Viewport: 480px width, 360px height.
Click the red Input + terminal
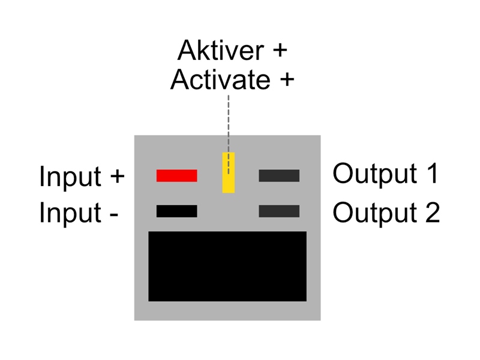pyautogui.click(x=176, y=176)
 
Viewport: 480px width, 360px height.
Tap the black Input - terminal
pyautogui.click(x=176, y=211)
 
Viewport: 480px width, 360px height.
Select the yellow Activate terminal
pyautogui.click(x=229, y=173)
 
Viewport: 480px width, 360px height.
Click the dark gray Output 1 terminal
pyautogui.click(x=279, y=176)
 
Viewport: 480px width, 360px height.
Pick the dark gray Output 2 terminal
pyautogui.click(x=279, y=211)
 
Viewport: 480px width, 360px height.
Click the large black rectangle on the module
pyautogui.click(x=227, y=266)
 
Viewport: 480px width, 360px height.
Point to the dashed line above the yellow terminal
pyautogui.click(x=229, y=134)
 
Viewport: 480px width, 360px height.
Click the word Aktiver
pyautogui.click(x=221, y=50)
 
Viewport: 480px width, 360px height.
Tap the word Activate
pyautogui.click(x=220, y=80)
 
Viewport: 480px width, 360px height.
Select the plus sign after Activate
pyautogui.click(x=287, y=80)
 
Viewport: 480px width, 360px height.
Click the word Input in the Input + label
pyautogui.click(x=70, y=176)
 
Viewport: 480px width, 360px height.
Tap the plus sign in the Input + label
pyautogui.click(x=117, y=176)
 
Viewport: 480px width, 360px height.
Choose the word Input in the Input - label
pyautogui.click(x=70, y=212)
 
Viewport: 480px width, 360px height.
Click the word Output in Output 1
pyautogui.click(x=375, y=174)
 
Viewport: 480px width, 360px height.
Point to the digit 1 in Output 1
pyautogui.click(x=433, y=173)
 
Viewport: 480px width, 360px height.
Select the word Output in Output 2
pyautogui.click(x=375, y=213)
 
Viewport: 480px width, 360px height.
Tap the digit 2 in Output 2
pyautogui.click(x=433, y=212)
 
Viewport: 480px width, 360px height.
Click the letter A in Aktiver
pyautogui.click(x=187, y=50)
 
